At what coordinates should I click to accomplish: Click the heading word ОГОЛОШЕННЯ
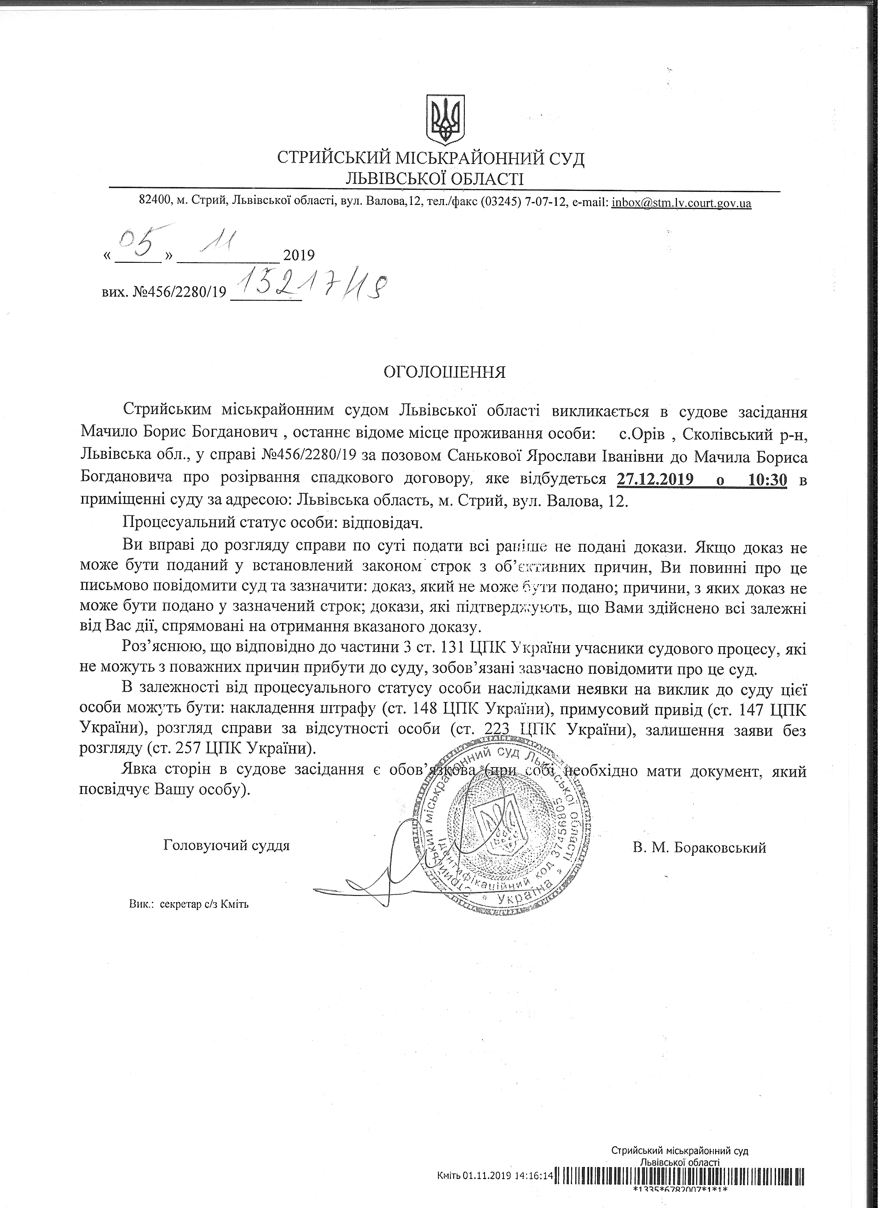click(460, 371)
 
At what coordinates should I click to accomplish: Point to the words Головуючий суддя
click(227, 845)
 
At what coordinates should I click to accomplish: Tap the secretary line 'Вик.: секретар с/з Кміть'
click(188, 904)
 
